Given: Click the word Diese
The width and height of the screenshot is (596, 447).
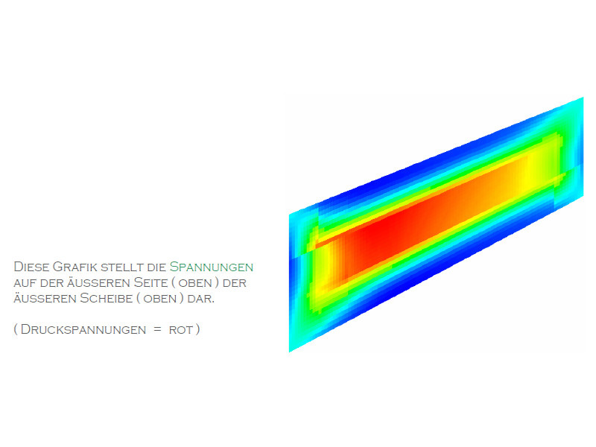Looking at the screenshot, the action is pos(31,267).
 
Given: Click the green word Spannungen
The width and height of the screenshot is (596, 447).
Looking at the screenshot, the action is pos(212,267).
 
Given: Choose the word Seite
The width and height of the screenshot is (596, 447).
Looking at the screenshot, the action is pos(150,282).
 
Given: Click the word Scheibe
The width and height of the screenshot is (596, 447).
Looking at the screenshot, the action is pos(106,298).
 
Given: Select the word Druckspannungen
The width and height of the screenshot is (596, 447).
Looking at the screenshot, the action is pos(83,329).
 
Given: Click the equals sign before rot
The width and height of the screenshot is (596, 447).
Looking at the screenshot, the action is pos(158,329).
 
